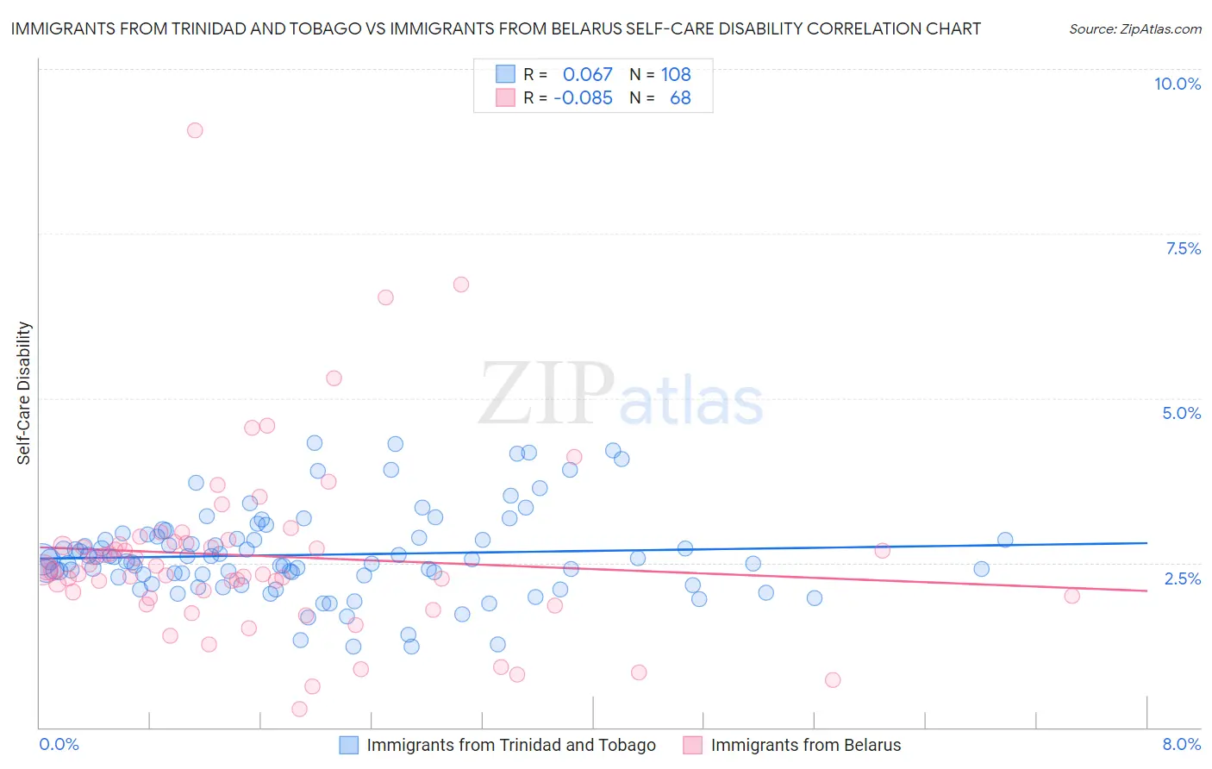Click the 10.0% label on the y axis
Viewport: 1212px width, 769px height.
1177,84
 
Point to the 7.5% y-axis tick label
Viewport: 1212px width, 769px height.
1183,248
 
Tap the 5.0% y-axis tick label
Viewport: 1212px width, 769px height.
1181,413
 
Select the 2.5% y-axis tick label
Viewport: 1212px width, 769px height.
1182,578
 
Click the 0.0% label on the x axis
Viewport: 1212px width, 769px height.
59,744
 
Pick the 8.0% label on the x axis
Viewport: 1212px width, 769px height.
1181,744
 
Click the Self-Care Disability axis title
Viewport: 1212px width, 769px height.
24,393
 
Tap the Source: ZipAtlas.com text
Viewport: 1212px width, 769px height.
1134,29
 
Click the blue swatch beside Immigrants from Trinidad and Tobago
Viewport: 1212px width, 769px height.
349,745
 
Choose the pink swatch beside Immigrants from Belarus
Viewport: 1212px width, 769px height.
693,745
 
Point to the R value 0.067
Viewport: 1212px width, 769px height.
587,74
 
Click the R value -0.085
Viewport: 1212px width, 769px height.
583,98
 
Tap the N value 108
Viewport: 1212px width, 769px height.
676,74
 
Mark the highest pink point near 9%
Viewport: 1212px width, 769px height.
195,130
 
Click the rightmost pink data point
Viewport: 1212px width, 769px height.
1071,596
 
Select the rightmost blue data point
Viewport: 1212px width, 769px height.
1005,540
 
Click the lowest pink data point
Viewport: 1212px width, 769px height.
299,709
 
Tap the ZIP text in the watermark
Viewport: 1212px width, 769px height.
547,394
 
